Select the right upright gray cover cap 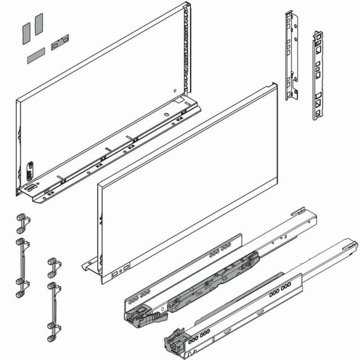(39, 24)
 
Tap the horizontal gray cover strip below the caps (35, 55)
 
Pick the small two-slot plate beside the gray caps (60, 42)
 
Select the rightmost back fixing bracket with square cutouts (318, 76)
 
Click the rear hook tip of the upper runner (298, 212)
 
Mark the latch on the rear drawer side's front (30, 169)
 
